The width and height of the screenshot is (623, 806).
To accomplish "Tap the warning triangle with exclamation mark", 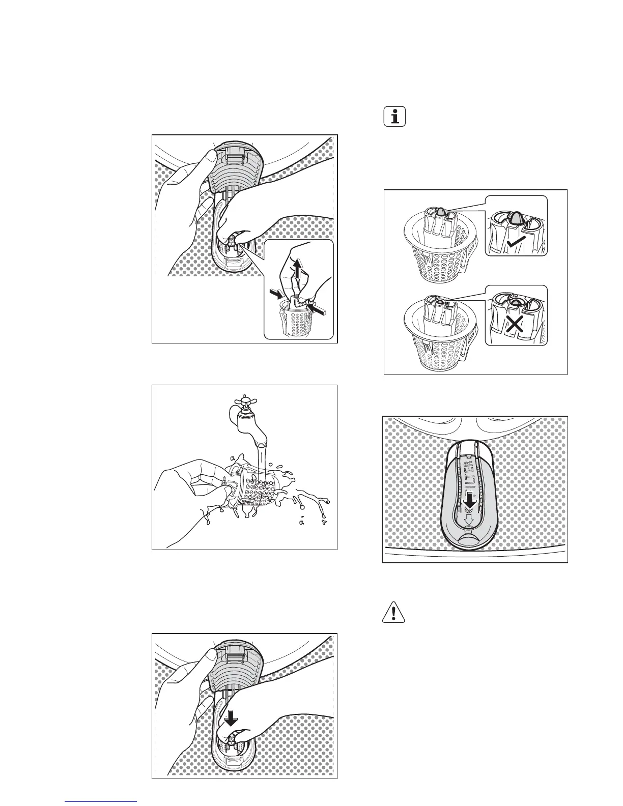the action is click(x=393, y=612).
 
